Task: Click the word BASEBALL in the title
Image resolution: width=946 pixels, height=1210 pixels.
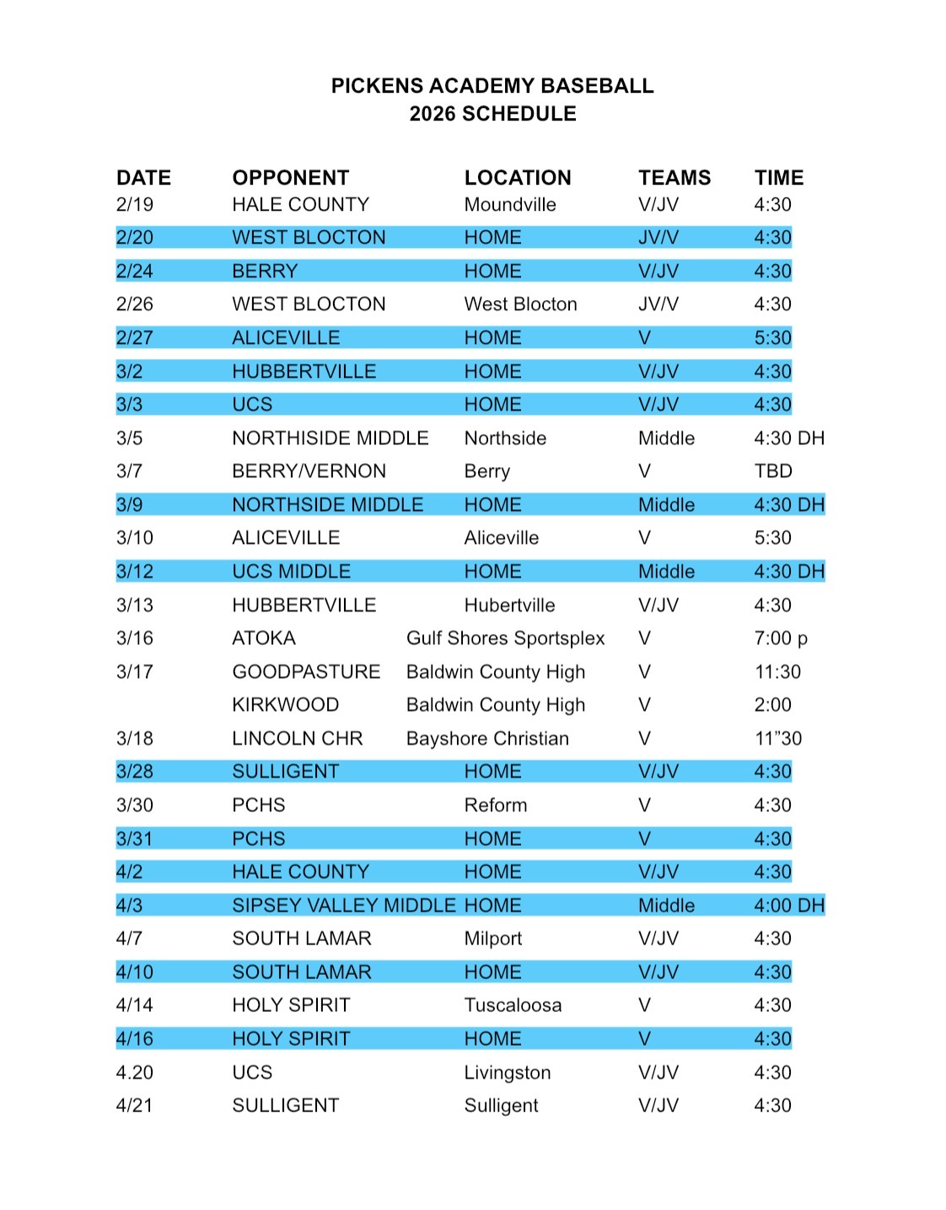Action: (x=597, y=86)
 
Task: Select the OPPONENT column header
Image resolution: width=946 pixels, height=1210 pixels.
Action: (x=290, y=178)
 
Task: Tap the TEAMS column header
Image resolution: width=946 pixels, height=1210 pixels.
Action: (x=674, y=178)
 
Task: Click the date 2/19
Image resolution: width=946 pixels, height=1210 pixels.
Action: (x=135, y=205)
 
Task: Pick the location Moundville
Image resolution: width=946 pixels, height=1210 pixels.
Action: (x=509, y=205)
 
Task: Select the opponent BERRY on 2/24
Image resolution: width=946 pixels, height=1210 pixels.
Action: (x=265, y=272)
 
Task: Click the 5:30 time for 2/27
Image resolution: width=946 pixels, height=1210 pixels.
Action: (x=772, y=338)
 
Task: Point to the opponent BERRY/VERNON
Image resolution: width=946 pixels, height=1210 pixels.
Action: (x=309, y=471)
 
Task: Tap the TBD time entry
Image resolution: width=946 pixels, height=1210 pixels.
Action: (x=772, y=471)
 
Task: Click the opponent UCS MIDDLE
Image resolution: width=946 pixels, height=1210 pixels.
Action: (x=291, y=572)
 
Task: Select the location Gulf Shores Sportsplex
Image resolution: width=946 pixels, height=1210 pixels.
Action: (x=505, y=638)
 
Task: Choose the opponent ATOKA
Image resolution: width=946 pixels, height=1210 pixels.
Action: (x=263, y=638)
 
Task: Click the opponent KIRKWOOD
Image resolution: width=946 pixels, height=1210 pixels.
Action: (x=285, y=705)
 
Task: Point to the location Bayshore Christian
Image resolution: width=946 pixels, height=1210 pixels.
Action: (x=487, y=739)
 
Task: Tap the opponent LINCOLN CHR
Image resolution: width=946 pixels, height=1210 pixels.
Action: (x=297, y=739)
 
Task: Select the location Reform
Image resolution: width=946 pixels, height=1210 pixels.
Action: (x=495, y=805)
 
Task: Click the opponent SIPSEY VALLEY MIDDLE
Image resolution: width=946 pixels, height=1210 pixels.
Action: (x=343, y=906)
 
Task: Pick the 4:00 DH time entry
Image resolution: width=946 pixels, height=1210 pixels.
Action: (x=788, y=906)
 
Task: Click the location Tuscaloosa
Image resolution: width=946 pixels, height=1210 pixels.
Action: (x=513, y=1005)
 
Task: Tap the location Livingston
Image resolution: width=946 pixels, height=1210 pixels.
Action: (x=507, y=1073)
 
